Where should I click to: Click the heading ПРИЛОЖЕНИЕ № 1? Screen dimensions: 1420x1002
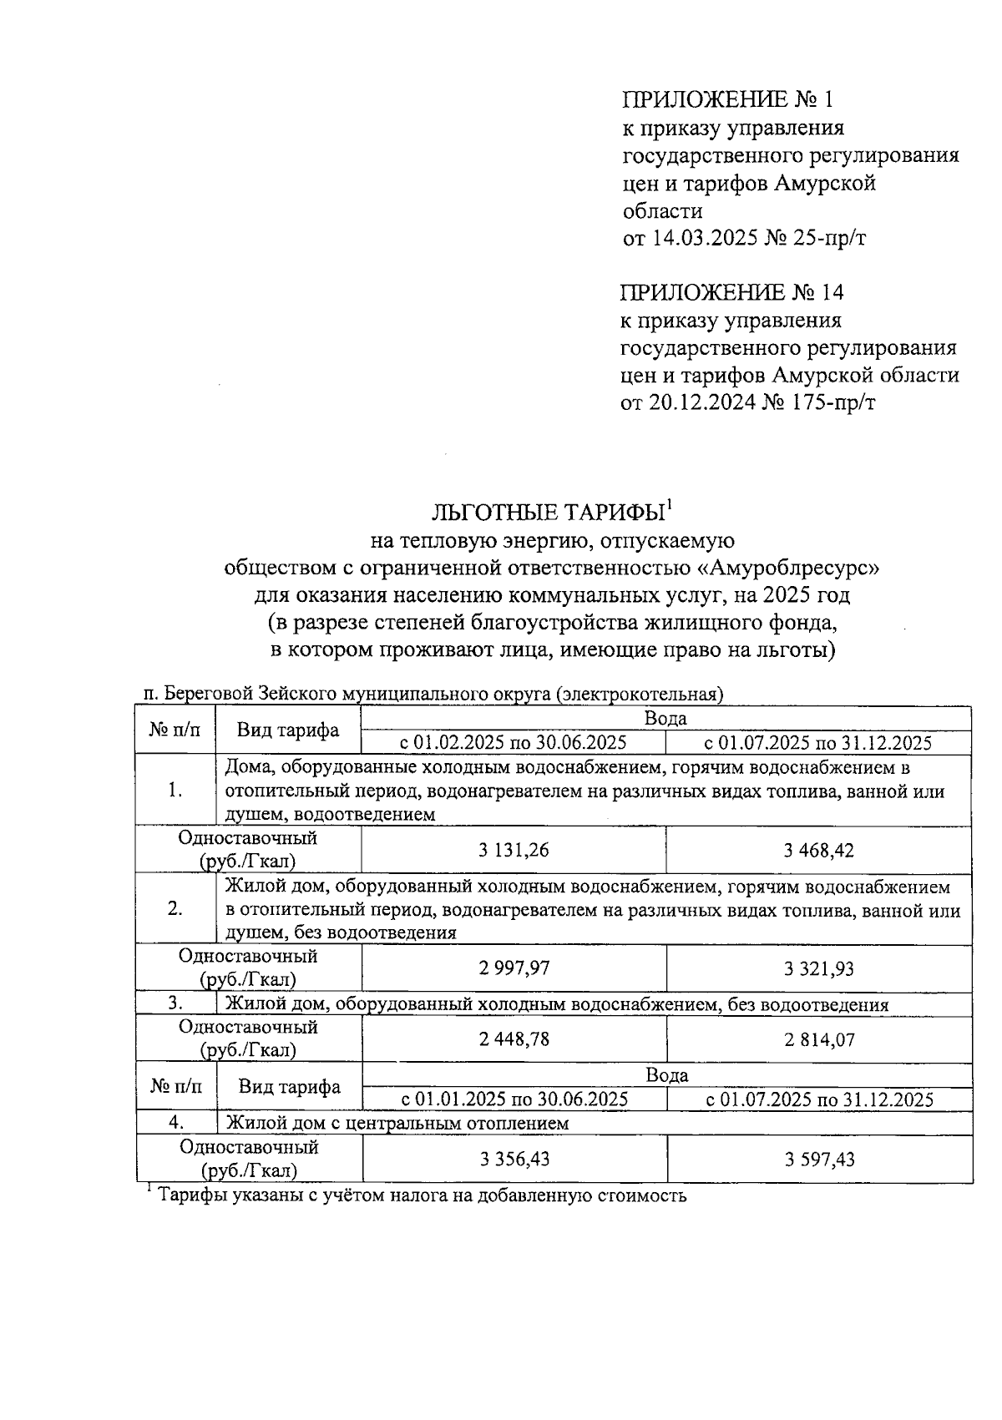click(x=727, y=100)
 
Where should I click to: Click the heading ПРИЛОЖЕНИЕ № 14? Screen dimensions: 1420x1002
click(x=731, y=293)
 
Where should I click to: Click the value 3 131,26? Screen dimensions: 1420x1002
click(x=514, y=851)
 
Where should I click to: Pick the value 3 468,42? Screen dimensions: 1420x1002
click(x=818, y=851)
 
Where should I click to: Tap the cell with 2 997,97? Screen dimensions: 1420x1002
click(x=514, y=968)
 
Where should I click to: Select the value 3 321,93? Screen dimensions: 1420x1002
click(x=818, y=968)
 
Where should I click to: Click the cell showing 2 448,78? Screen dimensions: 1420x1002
click(x=514, y=1039)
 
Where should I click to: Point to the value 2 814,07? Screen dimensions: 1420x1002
click(x=818, y=1039)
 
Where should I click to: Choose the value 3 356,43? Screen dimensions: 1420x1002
click(x=514, y=1159)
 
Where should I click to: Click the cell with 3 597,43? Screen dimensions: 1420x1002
click(x=819, y=1159)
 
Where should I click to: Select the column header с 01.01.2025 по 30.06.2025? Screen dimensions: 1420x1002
click(x=514, y=1099)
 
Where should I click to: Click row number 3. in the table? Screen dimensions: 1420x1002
click(x=175, y=1004)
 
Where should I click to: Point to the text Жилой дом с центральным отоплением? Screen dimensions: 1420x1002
click(x=397, y=1123)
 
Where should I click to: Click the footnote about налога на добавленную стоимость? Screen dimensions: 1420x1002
click(x=422, y=1195)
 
